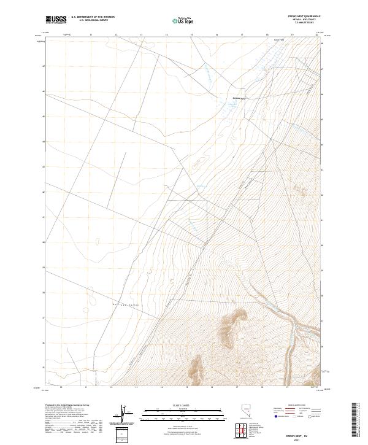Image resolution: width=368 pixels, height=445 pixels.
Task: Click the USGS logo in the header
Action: click(x=56, y=20)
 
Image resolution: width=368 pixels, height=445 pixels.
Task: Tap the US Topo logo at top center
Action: click(x=178, y=21)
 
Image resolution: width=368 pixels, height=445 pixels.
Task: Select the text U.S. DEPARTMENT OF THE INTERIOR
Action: click(x=93, y=17)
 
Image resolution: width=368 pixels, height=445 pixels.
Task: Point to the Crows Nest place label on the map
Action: click(x=238, y=98)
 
